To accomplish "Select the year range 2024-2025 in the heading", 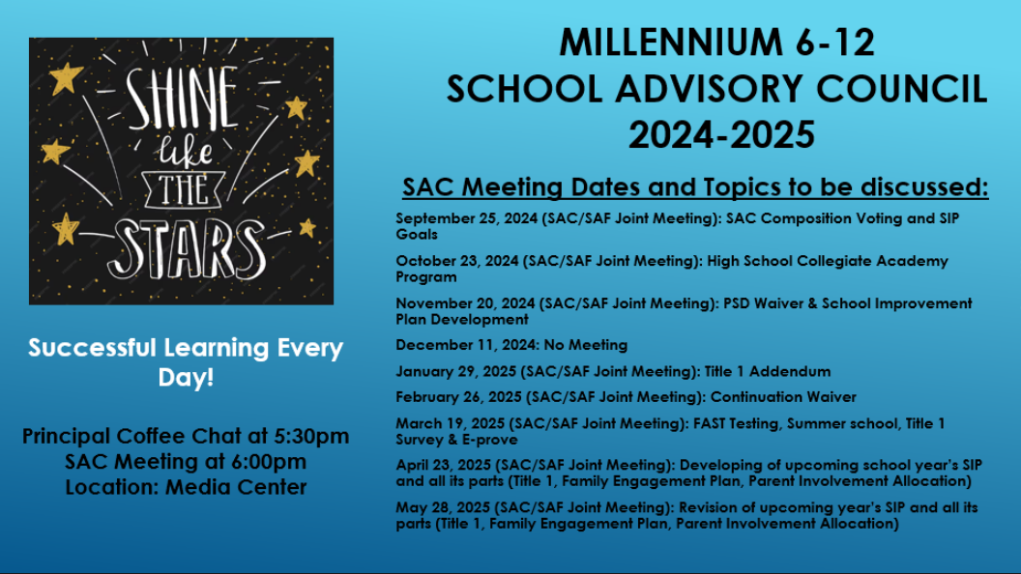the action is pos(721,134).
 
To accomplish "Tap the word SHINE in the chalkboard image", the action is pos(182,98).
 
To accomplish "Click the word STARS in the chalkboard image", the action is pos(187,248).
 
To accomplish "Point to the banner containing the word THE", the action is pos(184,190).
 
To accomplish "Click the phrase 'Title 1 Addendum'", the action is pos(768,372).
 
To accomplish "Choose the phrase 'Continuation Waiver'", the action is pos(783,397).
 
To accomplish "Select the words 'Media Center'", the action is pos(236,487).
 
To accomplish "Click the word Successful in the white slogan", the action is pos(93,348).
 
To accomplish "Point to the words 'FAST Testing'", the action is pos(736,423).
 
